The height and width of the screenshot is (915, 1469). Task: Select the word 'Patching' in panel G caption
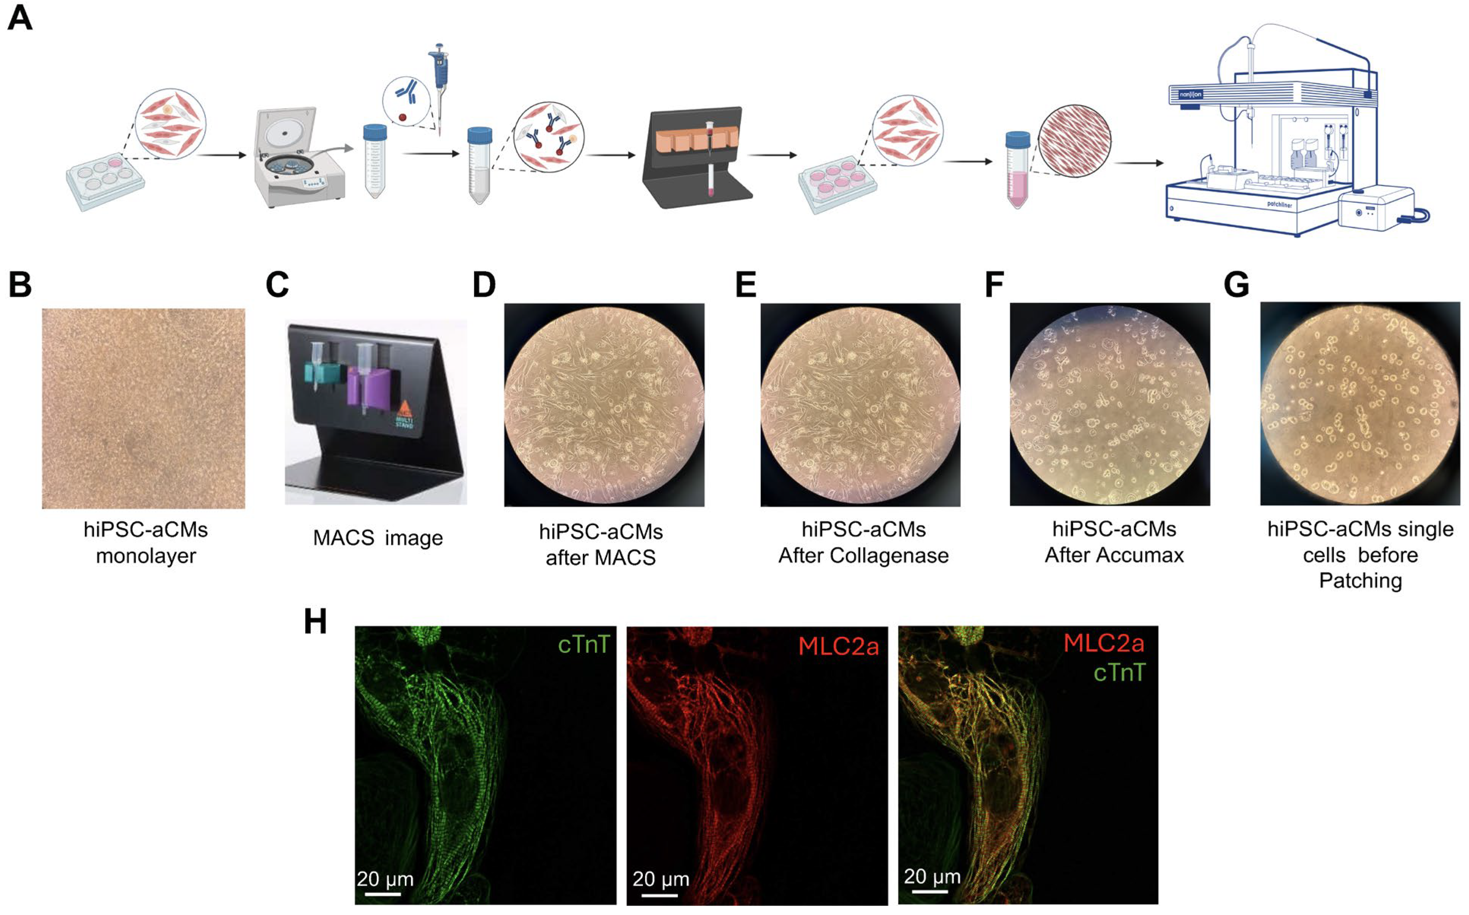coord(1360,581)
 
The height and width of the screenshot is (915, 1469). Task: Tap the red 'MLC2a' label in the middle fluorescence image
coord(838,646)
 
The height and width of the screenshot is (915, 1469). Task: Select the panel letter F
coord(994,284)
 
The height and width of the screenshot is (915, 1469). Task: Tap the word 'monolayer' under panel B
coord(146,556)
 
